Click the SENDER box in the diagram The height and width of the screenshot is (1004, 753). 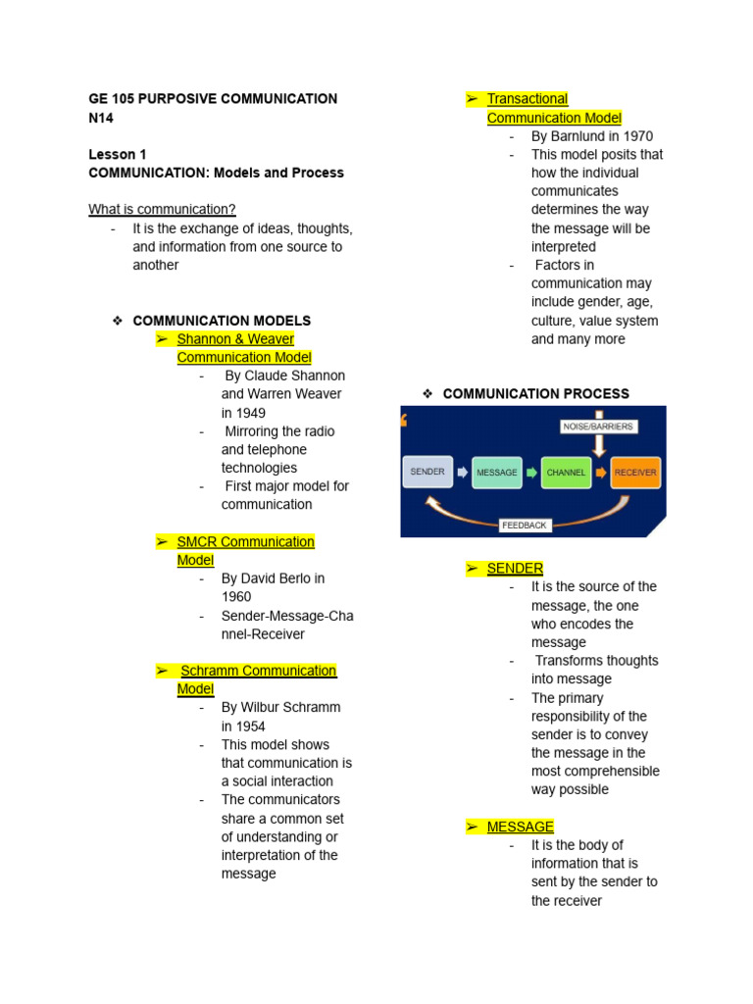(x=427, y=472)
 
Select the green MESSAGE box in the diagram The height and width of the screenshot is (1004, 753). (x=496, y=473)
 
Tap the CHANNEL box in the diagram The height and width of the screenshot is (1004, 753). (x=566, y=473)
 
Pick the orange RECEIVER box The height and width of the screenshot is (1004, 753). (x=635, y=473)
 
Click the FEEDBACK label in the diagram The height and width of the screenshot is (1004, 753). (x=525, y=526)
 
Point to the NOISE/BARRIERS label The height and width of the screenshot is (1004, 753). (x=598, y=427)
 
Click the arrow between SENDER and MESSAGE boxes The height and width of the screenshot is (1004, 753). (x=462, y=473)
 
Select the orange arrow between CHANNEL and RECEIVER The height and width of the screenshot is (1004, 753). (x=600, y=473)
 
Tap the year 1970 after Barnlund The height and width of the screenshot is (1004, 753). (x=634, y=136)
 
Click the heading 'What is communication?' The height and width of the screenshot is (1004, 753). (x=162, y=209)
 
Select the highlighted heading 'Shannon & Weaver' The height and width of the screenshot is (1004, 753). (x=235, y=339)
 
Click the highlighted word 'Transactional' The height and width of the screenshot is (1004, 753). (x=527, y=99)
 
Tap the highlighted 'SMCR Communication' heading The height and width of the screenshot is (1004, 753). (x=245, y=541)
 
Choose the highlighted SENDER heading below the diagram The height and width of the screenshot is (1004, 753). (x=515, y=569)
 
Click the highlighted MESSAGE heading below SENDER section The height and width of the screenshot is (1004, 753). (x=521, y=827)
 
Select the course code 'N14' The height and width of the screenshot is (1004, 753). (x=101, y=118)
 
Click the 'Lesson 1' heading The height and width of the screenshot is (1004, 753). (x=118, y=154)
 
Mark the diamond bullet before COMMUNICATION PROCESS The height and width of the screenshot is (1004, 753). (x=427, y=394)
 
